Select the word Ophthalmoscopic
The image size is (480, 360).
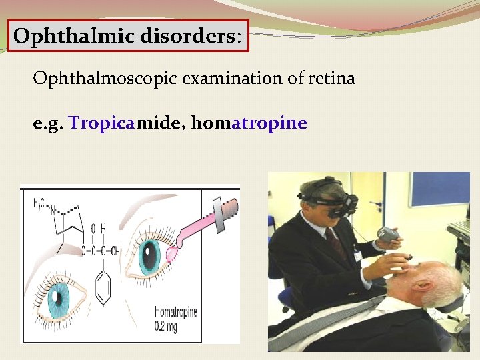click(x=97, y=79)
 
